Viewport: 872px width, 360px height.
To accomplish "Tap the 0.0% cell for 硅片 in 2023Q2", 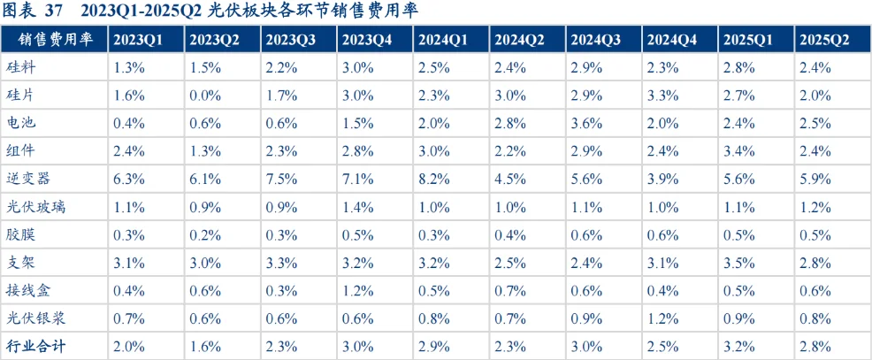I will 203,96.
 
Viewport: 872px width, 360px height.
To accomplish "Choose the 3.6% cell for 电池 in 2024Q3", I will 586,124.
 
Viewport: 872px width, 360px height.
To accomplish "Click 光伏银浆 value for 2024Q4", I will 662,318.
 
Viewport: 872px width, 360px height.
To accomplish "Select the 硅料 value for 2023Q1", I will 127,68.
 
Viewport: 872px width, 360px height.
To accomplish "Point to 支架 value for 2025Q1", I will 738,263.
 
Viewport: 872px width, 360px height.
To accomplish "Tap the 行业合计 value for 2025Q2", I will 815,346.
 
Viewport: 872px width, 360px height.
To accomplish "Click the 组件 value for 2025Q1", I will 738,151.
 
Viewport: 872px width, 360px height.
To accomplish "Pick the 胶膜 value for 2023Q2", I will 203,234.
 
